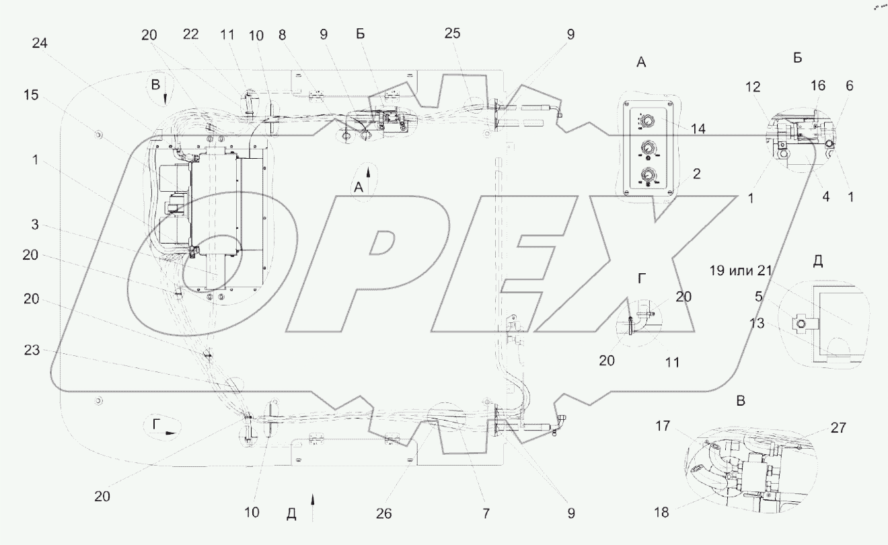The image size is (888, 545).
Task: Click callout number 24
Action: point(40,43)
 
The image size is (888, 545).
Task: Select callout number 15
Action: point(31,95)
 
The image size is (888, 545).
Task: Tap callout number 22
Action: point(190,34)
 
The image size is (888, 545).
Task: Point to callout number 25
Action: point(452,34)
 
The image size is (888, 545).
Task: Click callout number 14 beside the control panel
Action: point(698,129)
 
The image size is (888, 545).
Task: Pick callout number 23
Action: point(32,350)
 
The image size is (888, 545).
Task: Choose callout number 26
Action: point(383,513)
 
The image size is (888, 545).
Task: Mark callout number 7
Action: point(486,513)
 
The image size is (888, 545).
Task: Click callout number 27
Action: point(838,428)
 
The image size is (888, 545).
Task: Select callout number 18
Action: point(661,513)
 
